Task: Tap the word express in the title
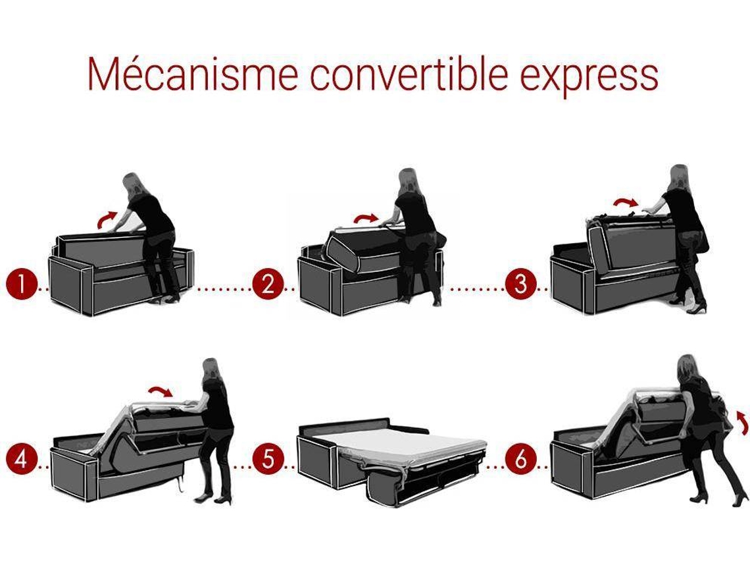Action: (589, 76)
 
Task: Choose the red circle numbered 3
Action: (521, 284)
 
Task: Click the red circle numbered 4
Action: (22, 459)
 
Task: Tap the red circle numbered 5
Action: (268, 459)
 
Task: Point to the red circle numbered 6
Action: (521, 459)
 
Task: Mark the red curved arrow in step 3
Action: (626, 203)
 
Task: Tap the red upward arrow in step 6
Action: (742, 421)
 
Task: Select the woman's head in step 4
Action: (211, 369)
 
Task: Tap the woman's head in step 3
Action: (680, 177)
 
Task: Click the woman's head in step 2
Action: (409, 180)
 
